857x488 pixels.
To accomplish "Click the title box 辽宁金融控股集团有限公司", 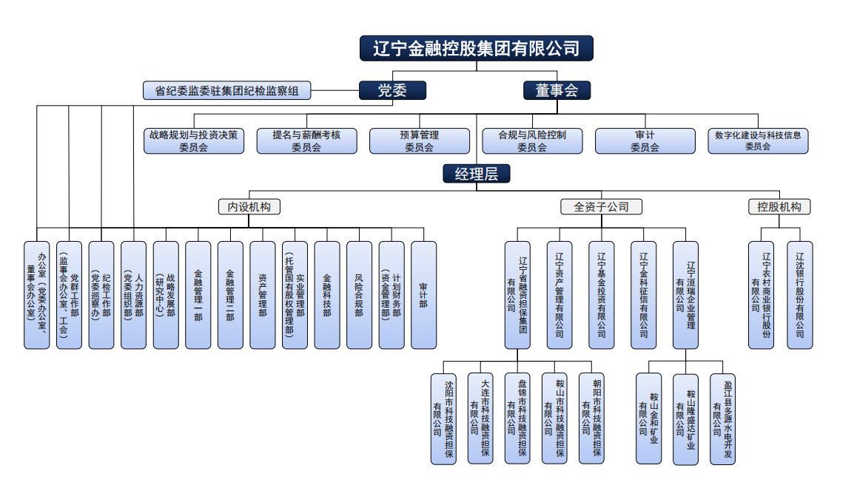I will [476, 49].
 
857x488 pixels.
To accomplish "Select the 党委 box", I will [392, 90].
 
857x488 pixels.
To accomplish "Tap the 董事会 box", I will [557, 90].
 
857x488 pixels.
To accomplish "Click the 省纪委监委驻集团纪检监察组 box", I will [226, 91].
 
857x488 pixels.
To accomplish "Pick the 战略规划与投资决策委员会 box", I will [193, 140].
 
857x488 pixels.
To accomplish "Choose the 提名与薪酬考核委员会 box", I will [306, 140].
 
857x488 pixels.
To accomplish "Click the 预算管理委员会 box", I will [419, 140].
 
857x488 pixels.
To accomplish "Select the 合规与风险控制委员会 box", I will [531, 140].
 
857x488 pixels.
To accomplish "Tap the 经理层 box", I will [476, 174].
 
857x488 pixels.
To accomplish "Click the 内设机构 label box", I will [249, 207].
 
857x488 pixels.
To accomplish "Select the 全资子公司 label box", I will [601, 207].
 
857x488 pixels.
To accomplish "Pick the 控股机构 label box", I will [779, 207].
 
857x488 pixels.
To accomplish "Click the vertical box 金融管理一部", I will [198, 294].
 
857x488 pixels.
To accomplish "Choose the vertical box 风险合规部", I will [359, 294].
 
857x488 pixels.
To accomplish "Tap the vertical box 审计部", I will [423, 294].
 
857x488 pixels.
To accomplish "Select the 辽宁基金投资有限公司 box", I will [601, 294].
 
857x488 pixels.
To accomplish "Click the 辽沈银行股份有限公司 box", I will [799, 294].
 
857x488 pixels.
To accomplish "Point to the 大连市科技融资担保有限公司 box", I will [480, 418].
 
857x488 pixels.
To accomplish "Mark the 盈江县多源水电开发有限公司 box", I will [722, 418].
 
